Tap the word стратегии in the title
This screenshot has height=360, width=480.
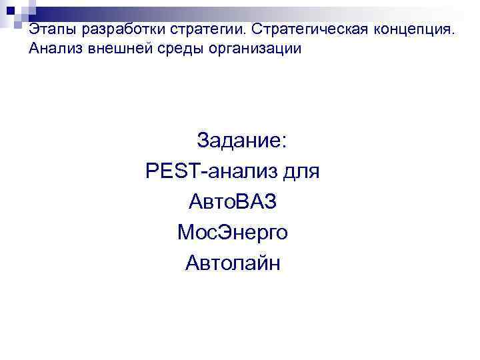tap(197, 31)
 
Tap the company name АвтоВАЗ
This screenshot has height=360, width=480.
tap(233, 202)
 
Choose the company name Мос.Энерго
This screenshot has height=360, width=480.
tap(233, 233)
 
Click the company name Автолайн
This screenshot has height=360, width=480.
tap(233, 263)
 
